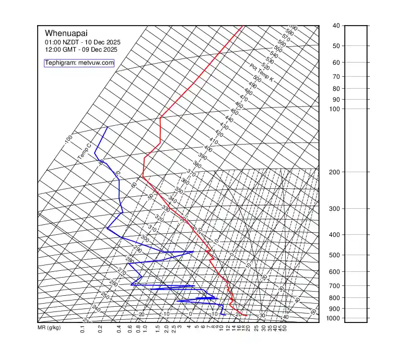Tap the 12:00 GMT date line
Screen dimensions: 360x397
81,50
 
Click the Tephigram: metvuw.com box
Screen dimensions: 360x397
79,63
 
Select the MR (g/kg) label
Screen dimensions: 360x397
49,328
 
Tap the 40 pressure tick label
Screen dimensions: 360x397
336,26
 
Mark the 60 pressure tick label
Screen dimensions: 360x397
336,63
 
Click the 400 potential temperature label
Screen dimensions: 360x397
208,149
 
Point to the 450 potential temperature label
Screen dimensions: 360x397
234,112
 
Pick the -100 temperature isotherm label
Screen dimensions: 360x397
68,140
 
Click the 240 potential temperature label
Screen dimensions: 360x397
96,308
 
